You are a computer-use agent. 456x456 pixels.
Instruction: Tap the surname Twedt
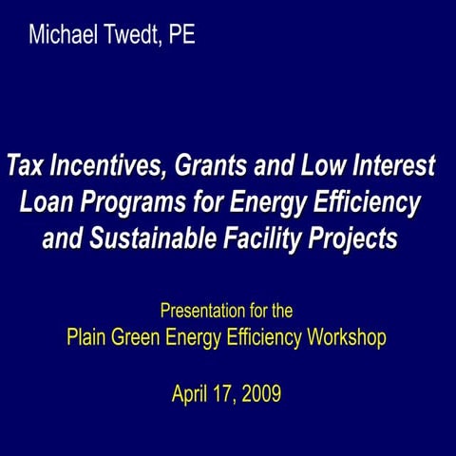[x=131, y=37]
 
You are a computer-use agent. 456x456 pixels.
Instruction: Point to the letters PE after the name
[x=182, y=37]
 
